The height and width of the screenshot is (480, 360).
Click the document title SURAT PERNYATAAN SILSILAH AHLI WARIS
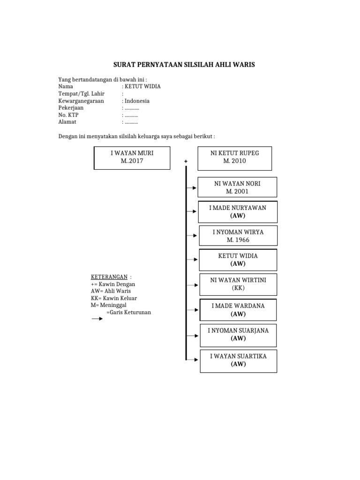(185, 65)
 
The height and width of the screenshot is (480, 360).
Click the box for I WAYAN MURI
(132, 157)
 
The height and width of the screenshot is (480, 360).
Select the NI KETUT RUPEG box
(235, 157)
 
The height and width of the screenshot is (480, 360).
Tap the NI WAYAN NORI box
(237, 187)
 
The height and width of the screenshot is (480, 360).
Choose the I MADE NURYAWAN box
(238, 212)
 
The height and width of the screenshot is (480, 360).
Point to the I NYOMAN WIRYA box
(238, 236)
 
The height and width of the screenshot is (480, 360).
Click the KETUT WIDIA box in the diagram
(238, 260)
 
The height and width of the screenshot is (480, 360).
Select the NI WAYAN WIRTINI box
(238, 284)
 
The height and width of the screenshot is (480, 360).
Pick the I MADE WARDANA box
(238, 309)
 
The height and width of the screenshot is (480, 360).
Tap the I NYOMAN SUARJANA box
(238, 334)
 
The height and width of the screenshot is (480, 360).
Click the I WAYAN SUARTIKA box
(238, 360)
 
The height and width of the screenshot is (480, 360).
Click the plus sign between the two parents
(186, 161)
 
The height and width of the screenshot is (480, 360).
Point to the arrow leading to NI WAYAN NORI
(192, 188)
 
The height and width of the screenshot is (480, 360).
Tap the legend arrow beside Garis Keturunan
(97, 319)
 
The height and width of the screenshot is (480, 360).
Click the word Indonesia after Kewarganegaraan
(137, 100)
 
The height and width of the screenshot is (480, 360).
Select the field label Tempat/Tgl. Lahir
(82, 93)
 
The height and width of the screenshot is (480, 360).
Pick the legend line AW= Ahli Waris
(111, 291)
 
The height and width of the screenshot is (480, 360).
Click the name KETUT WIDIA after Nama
(142, 86)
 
